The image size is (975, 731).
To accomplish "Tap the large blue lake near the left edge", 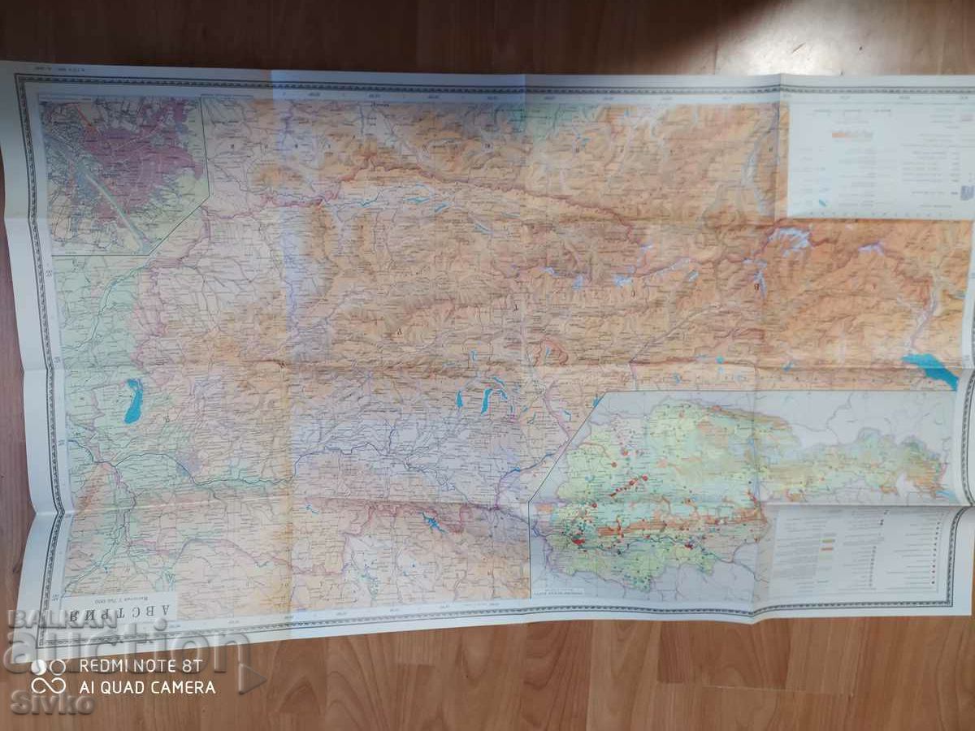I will pos(132,401).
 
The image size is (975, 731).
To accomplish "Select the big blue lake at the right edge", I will pos(929,369).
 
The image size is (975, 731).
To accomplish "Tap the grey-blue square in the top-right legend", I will pos(964,192).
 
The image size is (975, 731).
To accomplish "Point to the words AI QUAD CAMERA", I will pos(146,687).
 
